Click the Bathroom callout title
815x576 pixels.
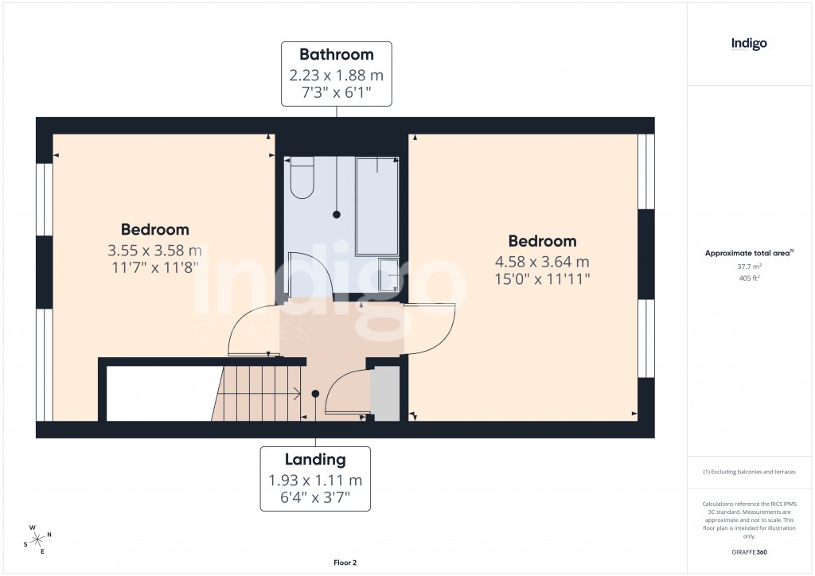click(336, 55)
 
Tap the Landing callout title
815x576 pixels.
click(315, 460)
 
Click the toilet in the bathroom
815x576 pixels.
click(302, 180)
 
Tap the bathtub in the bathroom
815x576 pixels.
click(377, 205)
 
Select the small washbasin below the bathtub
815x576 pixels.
click(388, 274)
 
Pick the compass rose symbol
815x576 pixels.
click(37, 539)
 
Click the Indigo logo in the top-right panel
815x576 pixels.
click(749, 45)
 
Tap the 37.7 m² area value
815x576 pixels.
click(749, 267)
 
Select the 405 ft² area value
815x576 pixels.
click(749, 278)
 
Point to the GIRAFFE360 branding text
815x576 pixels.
click(750, 552)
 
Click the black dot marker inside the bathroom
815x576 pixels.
click(337, 215)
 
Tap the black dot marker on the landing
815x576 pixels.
click(315, 393)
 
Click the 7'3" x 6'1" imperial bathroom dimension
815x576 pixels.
click(336, 93)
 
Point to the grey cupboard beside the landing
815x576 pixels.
click(385, 391)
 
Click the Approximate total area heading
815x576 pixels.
click(747, 253)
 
